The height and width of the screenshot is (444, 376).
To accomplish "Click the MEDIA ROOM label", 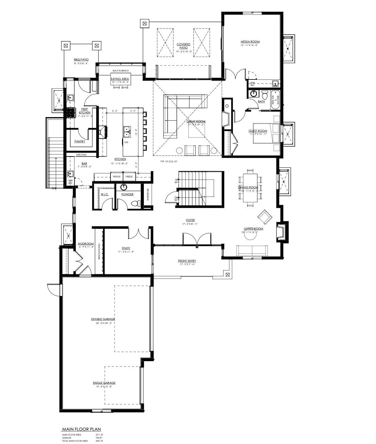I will tap(250, 42).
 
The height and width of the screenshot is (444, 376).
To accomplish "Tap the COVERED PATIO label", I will tap(184, 46).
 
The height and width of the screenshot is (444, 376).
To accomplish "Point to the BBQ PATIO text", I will tap(81, 60).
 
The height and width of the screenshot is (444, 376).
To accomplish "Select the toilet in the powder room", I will tap(136, 203).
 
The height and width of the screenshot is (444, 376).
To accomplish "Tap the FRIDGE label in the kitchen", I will tap(117, 177).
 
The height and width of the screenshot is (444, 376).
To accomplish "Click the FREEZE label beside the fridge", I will tap(129, 177).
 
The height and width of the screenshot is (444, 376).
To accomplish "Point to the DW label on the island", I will tap(126, 142).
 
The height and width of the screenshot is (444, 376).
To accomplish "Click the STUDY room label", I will tap(126, 248).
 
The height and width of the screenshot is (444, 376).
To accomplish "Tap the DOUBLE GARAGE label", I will tap(103, 319).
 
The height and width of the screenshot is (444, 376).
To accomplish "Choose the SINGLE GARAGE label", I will tap(104, 383).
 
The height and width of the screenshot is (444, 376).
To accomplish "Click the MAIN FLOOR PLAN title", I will tap(81, 429).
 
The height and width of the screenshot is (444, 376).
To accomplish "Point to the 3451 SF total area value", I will tap(99, 441).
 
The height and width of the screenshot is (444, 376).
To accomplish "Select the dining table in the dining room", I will tap(251, 188).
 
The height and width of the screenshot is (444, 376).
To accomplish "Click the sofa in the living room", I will tap(252, 250).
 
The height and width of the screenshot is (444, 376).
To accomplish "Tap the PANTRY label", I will tap(80, 142).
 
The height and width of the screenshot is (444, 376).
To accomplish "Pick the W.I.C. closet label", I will tap(104, 195).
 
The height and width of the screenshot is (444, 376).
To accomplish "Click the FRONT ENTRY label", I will tap(187, 261).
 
